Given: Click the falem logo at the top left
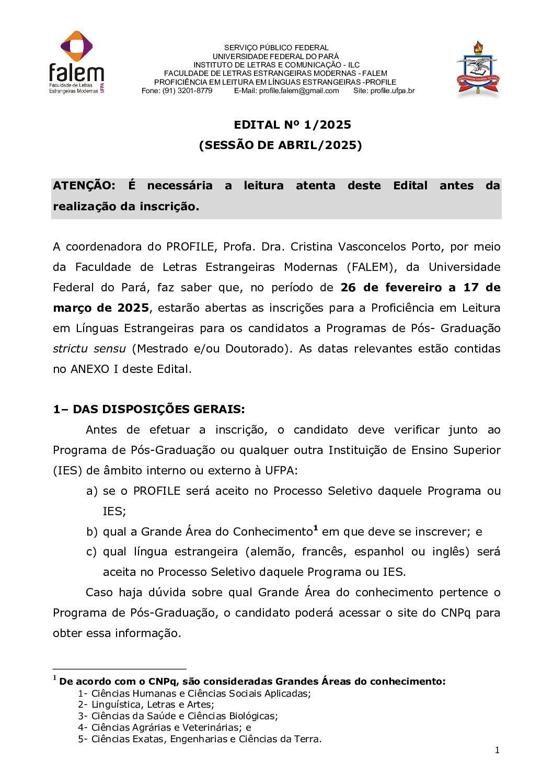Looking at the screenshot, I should coord(77,63).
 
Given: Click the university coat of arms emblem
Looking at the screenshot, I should coord(478,70).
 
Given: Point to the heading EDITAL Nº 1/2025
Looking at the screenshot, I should coord(292,124).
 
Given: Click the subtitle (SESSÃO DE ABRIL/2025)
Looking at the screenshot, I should coord(280,145).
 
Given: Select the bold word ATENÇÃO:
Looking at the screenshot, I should coord(84,186).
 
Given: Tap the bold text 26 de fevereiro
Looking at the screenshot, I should coord(391,287).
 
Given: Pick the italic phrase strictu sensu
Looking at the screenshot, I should coord(89,348).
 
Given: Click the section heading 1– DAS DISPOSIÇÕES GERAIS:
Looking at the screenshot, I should coord(148,409).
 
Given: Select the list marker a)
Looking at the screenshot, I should coord(92,491).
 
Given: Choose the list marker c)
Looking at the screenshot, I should coord(91,552).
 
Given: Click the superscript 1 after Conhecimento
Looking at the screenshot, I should coord(316,528).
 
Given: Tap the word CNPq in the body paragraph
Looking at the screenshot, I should coord(455,612).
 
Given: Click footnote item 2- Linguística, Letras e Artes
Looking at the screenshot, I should coord(146,705).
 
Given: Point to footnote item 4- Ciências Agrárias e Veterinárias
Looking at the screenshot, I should coord(164,727).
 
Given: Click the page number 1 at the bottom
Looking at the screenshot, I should coord(497,750).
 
